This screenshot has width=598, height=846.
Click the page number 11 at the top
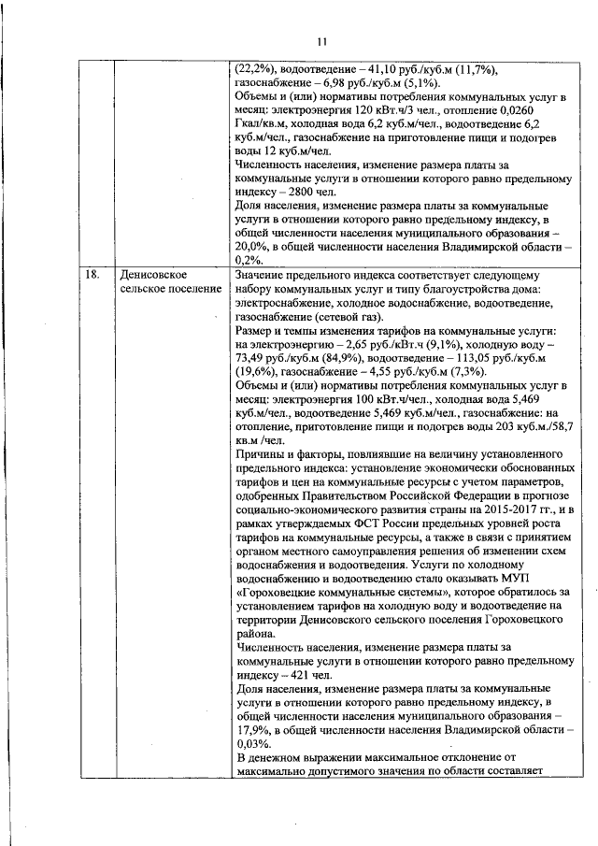click(x=321, y=41)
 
